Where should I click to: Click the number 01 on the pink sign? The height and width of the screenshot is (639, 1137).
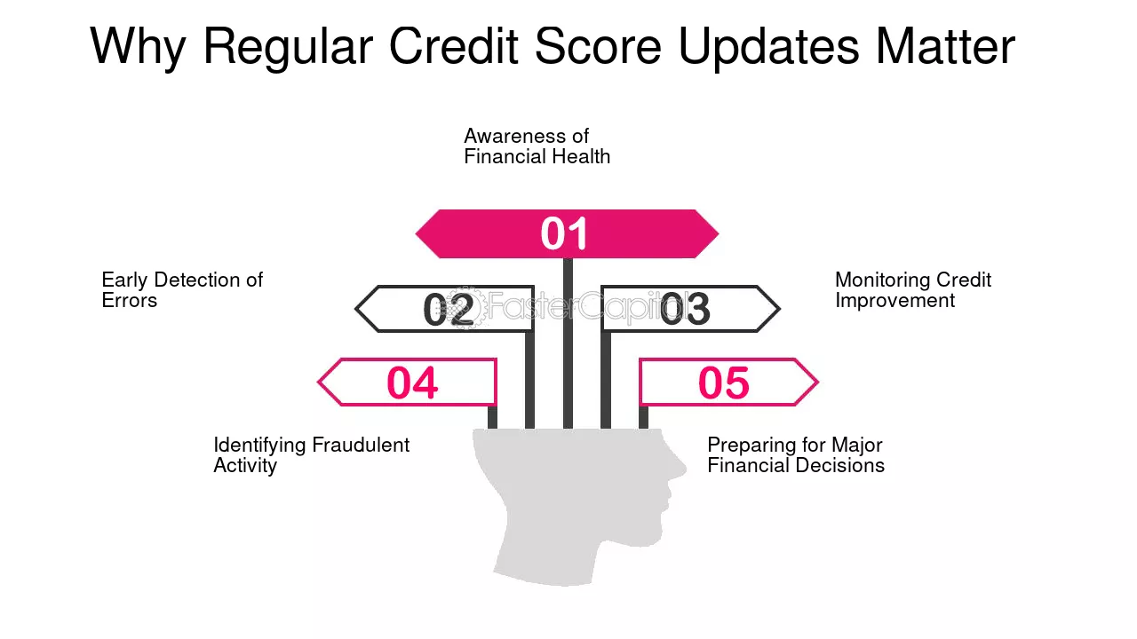click(x=565, y=234)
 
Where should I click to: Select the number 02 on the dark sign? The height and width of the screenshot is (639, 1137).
click(x=449, y=310)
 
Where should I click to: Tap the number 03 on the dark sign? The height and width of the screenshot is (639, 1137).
click(x=685, y=310)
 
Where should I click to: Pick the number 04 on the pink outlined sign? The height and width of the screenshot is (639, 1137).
click(x=412, y=383)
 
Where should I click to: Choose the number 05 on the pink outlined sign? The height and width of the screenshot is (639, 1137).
click(x=723, y=383)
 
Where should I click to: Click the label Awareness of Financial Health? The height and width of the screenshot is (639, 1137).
click(x=537, y=146)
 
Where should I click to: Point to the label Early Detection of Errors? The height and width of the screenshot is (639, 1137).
click(x=182, y=290)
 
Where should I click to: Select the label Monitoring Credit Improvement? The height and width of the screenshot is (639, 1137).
click(x=912, y=290)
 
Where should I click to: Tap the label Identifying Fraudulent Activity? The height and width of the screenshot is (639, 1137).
click(x=311, y=455)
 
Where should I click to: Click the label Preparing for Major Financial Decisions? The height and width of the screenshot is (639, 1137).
click(x=795, y=455)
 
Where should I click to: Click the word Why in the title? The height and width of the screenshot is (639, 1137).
click(x=137, y=47)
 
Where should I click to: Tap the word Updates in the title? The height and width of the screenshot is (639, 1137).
click(x=768, y=47)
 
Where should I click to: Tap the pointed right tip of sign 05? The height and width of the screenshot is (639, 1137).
click(x=815, y=383)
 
